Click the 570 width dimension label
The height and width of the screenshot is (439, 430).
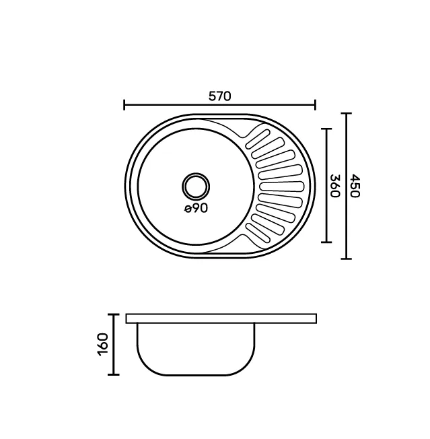click(x=220, y=96)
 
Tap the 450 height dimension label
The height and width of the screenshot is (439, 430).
click(x=355, y=186)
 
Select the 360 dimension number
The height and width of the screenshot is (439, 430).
click(x=334, y=186)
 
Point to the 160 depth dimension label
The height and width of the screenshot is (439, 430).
click(x=103, y=344)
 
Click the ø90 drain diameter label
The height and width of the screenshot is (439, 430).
click(x=196, y=208)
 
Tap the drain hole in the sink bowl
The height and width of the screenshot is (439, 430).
click(x=196, y=187)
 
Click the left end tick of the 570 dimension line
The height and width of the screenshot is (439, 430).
click(x=124, y=105)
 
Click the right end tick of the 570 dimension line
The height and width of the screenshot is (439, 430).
click(x=316, y=105)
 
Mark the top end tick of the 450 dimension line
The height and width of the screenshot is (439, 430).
click(x=347, y=113)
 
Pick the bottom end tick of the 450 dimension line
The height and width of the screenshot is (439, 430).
click(x=347, y=259)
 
